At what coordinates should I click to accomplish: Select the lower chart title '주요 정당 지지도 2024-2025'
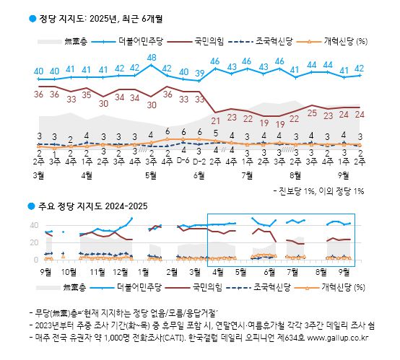click(93, 206)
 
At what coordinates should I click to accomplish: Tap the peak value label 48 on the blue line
click(152, 58)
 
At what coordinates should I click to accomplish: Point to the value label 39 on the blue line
click(200, 73)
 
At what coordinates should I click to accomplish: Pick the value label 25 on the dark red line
click(312, 112)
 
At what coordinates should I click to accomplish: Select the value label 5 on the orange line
click(215, 133)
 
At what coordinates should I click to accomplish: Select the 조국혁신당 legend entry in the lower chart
click(271, 287)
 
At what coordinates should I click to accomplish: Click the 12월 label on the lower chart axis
click(121, 273)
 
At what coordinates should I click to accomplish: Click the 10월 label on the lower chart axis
click(69, 273)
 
